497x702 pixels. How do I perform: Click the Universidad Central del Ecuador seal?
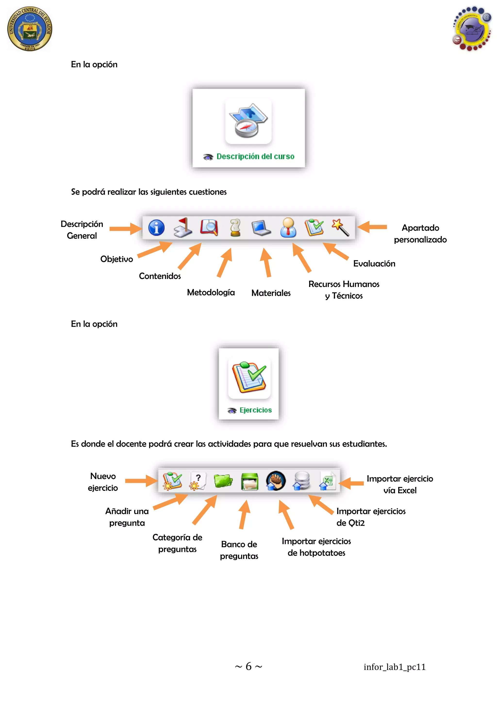click(x=30, y=29)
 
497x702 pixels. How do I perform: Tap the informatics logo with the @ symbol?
click(x=472, y=28)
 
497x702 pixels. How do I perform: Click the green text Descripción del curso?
click(x=255, y=157)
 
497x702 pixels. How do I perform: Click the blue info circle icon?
click(x=156, y=228)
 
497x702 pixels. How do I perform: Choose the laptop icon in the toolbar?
click(x=261, y=228)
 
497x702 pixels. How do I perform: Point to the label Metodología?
click(x=211, y=293)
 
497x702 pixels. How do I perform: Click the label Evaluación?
click(x=374, y=263)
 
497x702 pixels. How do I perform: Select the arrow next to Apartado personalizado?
click(x=372, y=227)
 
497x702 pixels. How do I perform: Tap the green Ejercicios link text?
click(x=256, y=410)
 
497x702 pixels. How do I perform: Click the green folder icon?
click(x=223, y=481)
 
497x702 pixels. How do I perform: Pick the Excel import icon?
click(x=328, y=481)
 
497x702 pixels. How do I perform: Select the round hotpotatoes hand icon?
click(x=275, y=481)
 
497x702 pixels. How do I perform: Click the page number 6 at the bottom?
click(x=248, y=666)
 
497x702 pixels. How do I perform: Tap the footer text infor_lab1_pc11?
click(x=395, y=667)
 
